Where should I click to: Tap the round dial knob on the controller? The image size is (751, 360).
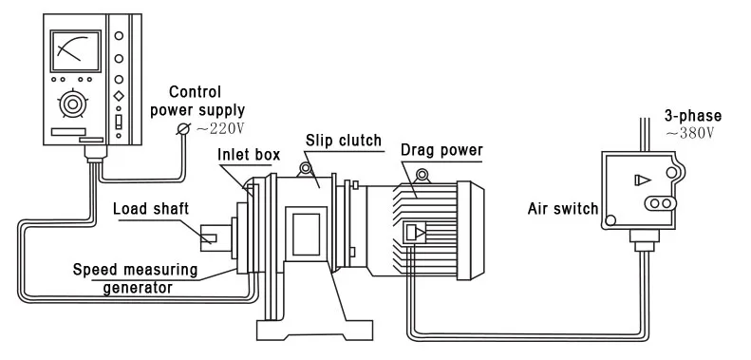pos(70,102)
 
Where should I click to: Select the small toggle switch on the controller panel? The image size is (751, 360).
pos(119,123)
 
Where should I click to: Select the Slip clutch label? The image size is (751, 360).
pos(343,141)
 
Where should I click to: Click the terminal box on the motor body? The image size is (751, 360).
pos(414,233)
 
